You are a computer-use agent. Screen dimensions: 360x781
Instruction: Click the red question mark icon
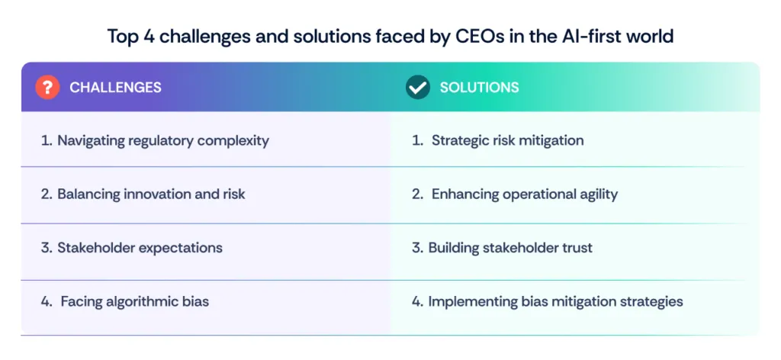(47, 87)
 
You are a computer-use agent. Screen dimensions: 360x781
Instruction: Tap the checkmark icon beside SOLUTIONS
(417, 87)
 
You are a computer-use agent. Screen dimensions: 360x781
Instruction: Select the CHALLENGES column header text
(115, 87)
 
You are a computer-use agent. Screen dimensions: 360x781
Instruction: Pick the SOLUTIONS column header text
(479, 87)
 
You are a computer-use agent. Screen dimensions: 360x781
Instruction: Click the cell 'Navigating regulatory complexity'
(155, 140)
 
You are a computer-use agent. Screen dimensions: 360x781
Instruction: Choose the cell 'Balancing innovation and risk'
(143, 194)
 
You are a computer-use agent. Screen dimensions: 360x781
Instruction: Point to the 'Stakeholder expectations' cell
(132, 248)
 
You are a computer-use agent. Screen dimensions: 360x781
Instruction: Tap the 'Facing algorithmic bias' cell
(126, 301)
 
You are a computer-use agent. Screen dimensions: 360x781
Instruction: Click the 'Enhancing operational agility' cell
(515, 194)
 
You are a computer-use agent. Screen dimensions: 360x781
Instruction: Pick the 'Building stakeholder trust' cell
(503, 248)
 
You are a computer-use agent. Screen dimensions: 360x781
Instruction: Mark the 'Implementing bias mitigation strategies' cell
(548, 301)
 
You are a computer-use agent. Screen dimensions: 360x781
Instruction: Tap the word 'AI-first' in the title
(571, 36)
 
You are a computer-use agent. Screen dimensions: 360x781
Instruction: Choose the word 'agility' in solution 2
(596, 194)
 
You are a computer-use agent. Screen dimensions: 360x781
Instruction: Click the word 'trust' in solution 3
(577, 248)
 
